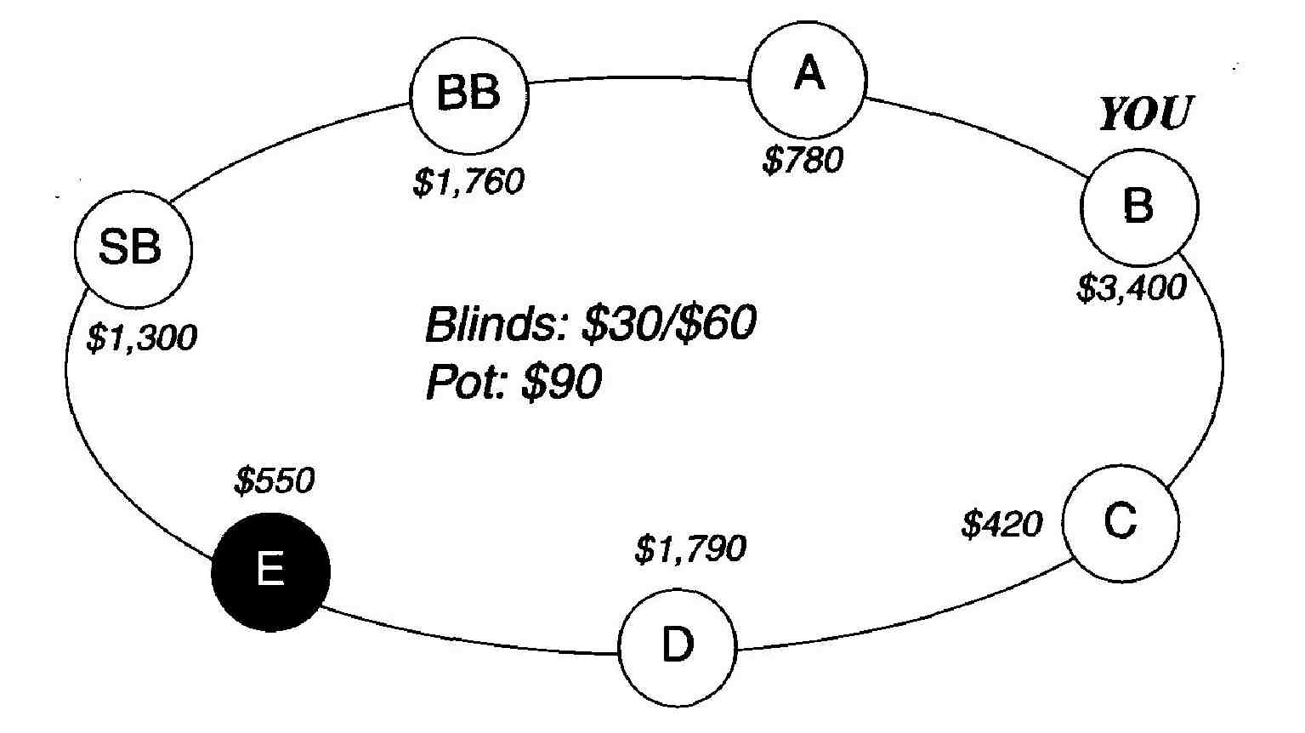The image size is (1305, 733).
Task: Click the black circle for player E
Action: pos(270,571)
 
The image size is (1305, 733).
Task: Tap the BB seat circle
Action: pos(468,94)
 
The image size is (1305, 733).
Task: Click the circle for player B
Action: pos(1138,206)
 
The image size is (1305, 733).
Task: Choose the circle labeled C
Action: pos(1121,523)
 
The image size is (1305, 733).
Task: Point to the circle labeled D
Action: pos(678,647)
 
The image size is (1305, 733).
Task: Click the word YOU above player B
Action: pos(1145,114)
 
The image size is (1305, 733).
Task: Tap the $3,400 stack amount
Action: pos(1131,289)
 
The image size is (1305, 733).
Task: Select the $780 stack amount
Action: pos(803,160)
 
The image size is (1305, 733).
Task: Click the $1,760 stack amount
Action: pos(468,182)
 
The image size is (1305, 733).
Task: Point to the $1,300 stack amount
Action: pos(142,338)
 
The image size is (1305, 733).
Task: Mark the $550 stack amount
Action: pos(274,482)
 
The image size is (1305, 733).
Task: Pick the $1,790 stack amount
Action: pos(690,549)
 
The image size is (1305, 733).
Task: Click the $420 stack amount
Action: pos(1001,525)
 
